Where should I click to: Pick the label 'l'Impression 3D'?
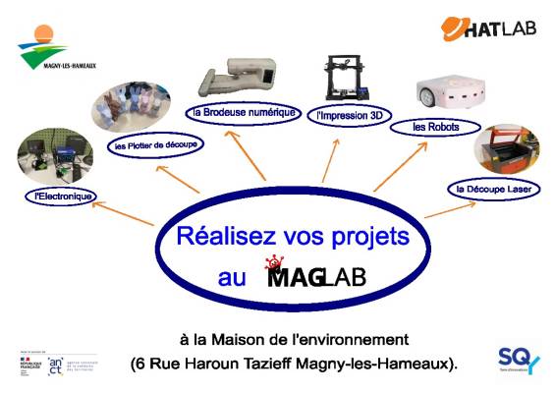(349, 115)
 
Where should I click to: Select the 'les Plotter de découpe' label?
(152, 144)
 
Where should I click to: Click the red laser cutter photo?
(507, 148)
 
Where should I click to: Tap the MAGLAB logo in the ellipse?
(314, 274)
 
